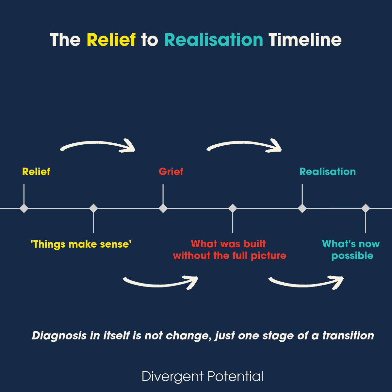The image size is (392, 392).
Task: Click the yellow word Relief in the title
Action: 111,40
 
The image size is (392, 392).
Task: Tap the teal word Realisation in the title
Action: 214,40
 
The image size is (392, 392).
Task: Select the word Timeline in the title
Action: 305,40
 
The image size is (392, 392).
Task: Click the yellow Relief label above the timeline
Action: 36,171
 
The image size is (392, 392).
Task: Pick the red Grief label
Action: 171,171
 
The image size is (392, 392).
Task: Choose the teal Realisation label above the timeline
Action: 328,171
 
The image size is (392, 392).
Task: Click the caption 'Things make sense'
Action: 81,244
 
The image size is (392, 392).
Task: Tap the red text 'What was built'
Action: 228,244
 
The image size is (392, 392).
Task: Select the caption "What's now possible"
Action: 351,250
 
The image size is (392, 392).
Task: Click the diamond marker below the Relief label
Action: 24,208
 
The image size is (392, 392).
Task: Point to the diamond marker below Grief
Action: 163,208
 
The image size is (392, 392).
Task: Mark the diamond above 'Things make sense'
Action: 93,208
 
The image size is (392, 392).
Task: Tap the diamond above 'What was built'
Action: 233,208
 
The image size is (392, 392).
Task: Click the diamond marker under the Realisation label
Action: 302,208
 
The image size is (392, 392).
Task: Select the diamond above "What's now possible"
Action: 366,208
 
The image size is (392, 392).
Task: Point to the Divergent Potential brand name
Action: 203,376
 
